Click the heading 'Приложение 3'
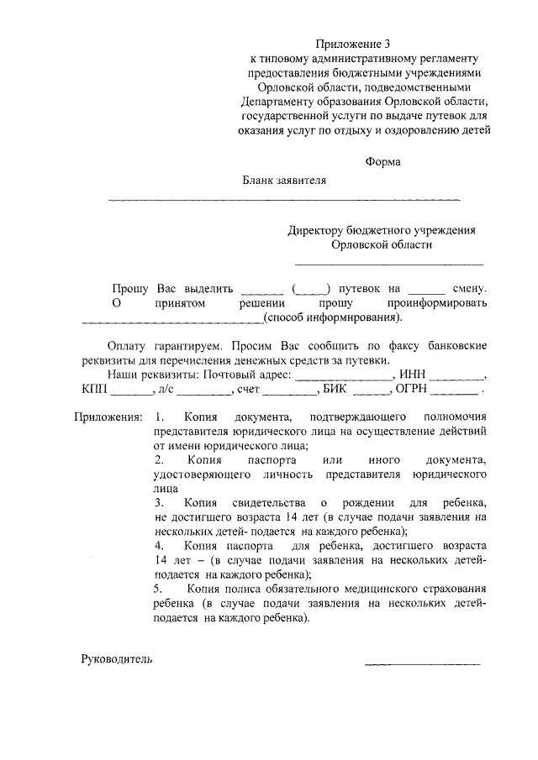[x=354, y=43]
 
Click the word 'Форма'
[x=382, y=162]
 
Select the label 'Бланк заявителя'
[x=284, y=180]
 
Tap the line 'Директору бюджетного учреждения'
[x=382, y=230]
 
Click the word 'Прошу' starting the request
[x=130, y=288]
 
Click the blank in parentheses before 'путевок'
[x=310, y=290]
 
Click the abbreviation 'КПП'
[x=96, y=390]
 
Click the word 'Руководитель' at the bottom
[x=117, y=659]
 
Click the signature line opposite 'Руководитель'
[x=422, y=664]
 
